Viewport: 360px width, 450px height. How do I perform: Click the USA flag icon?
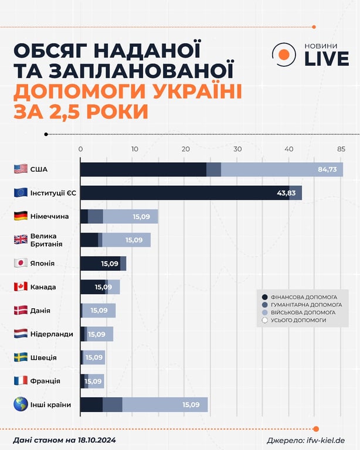click(x=21, y=169)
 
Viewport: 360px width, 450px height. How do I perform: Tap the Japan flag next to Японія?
click(x=21, y=263)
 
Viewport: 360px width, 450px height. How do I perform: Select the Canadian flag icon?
click(x=21, y=287)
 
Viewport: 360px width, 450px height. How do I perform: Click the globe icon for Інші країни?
click(x=21, y=404)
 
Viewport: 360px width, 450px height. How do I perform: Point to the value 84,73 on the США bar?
click(x=327, y=170)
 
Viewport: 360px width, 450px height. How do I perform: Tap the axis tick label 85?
click(x=341, y=149)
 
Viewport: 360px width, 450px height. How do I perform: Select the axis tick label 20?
click(x=186, y=149)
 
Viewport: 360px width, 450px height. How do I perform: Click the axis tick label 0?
click(x=80, y=149)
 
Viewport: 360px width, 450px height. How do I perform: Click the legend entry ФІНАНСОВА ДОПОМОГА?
click(x=304, y=297)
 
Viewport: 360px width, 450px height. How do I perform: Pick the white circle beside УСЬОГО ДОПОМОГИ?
click(x=264, y=321)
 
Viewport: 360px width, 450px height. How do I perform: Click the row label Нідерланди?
click(x=50, y=334)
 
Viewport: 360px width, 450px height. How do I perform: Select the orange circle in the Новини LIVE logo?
click(x=283, y=54)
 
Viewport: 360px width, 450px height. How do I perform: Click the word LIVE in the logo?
click(x=325, y=59)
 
